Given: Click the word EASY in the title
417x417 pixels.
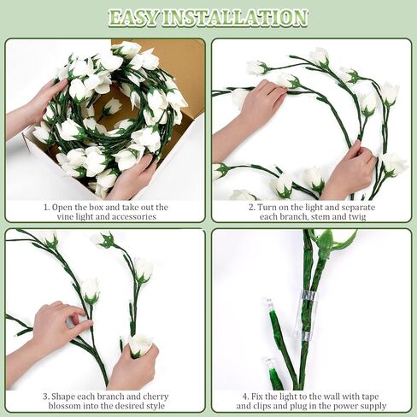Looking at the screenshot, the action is pos(134,18).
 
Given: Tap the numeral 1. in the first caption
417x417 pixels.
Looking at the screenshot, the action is pos(47,208).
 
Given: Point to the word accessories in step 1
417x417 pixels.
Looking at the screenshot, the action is pos(134,217).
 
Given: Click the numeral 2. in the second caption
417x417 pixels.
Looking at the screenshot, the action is pos(252,208).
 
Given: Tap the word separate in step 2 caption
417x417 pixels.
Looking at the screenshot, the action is pos(358,208).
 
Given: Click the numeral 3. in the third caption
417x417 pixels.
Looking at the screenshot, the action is pos(46,396).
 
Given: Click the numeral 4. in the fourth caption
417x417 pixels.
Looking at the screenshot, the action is pos(245,396).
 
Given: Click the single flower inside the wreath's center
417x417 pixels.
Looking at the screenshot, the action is pos(112,107).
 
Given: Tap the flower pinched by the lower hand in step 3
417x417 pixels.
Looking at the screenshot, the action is pos(141,344).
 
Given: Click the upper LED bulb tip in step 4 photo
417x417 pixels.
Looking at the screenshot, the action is pos(269,305).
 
